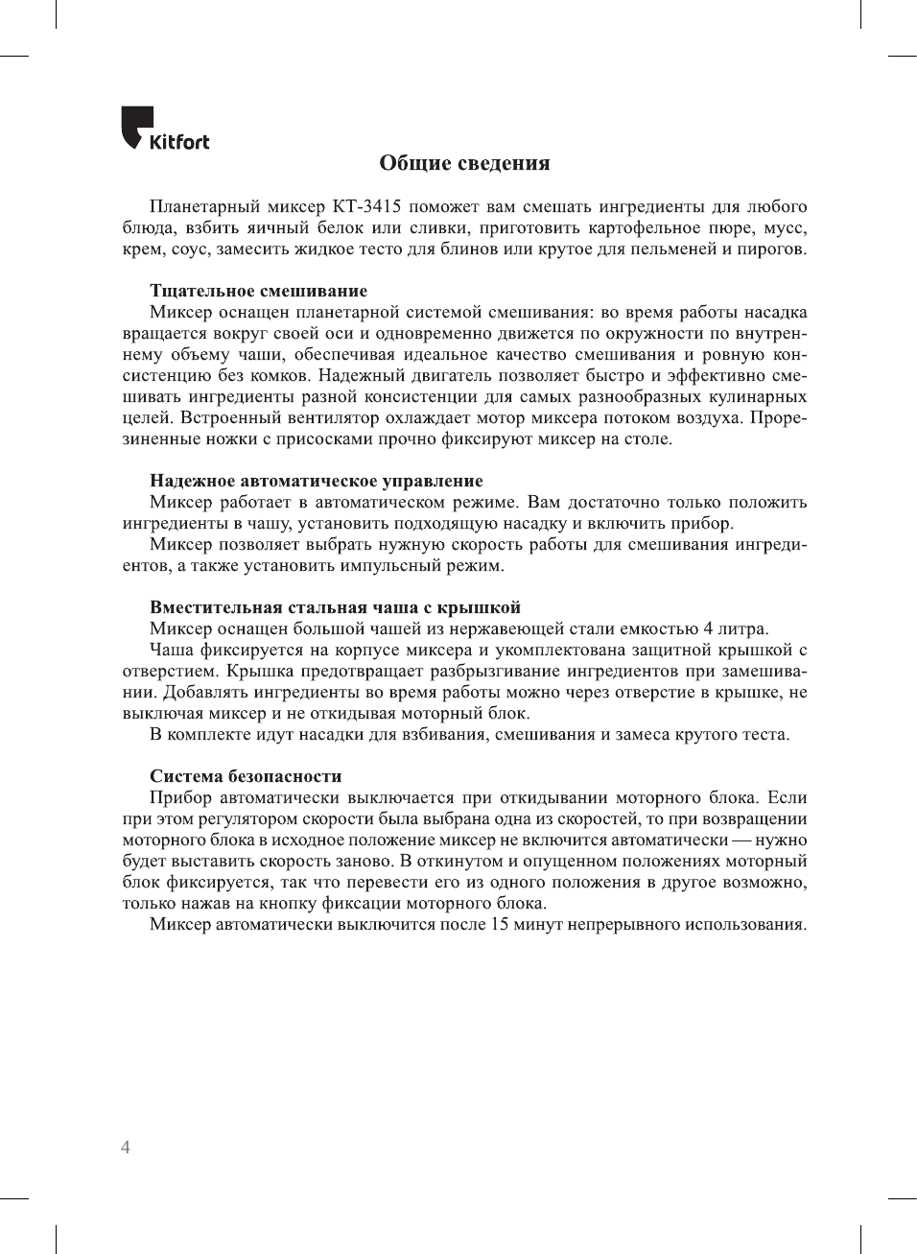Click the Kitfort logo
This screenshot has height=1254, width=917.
[164, 130]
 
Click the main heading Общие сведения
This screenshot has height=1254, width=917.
[464, 163]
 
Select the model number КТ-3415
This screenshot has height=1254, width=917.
[366, 207]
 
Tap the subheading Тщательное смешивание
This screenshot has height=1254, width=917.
[258, 291]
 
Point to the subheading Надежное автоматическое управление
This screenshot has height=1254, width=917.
[316, 481]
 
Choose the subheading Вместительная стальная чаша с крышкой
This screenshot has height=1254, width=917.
[335, 607]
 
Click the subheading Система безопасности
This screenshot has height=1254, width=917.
[246, 776]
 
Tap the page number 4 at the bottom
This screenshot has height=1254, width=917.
[126, 1148]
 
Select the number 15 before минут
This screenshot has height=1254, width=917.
[499, 925]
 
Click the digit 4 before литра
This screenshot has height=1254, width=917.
[708, 629]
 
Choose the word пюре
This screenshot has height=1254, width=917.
[732, 228]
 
